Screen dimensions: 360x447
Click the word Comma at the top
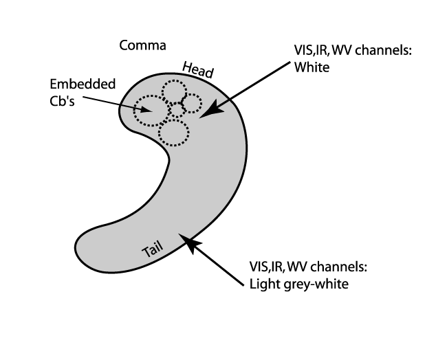point(143,46)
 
